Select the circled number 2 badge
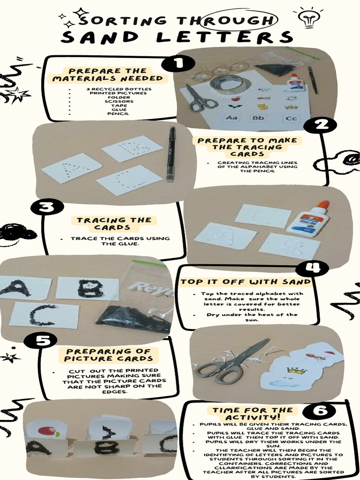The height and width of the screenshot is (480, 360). coord(320,125)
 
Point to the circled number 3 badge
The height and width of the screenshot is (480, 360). coord(46,207)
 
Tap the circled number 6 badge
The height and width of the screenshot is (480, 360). coord(319,411)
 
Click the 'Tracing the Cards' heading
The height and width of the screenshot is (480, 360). coord(114,224)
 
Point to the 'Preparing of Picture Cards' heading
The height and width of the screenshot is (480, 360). coord(108,355)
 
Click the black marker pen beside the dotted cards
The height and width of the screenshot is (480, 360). coord(171,154)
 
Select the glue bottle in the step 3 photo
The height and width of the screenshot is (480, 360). coord(310,219)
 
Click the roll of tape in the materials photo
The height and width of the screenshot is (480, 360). coord(231,85)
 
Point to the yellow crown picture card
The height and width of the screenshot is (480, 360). coord(296,371)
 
